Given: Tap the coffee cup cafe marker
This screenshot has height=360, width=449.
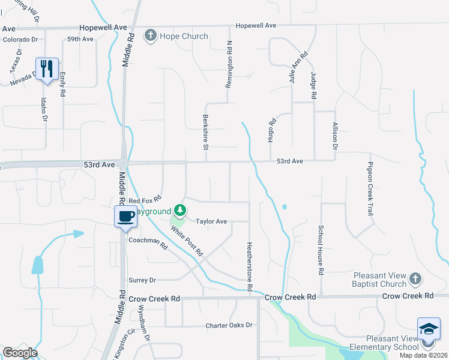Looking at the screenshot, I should coord(125,216).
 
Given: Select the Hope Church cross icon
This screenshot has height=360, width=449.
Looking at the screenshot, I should coord(151,37).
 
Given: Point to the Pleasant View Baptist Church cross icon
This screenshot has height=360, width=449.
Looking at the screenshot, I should coord(415,278).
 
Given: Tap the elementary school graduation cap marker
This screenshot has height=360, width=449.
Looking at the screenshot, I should coord(428,329).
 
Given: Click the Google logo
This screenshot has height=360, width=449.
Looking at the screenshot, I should coord(19,353).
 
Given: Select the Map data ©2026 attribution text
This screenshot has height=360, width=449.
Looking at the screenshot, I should coord(423,355).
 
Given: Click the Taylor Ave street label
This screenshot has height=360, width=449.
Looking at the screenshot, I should coord(211,221).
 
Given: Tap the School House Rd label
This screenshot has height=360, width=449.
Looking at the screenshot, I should coord(321,250).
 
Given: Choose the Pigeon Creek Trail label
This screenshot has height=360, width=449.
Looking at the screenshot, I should coord(371,189).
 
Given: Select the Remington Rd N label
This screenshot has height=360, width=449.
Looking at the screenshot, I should coord(228,65).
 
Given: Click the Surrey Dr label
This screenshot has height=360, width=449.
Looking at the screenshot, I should coord(142,280).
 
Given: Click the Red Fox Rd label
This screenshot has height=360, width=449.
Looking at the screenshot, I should coord(146,200).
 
